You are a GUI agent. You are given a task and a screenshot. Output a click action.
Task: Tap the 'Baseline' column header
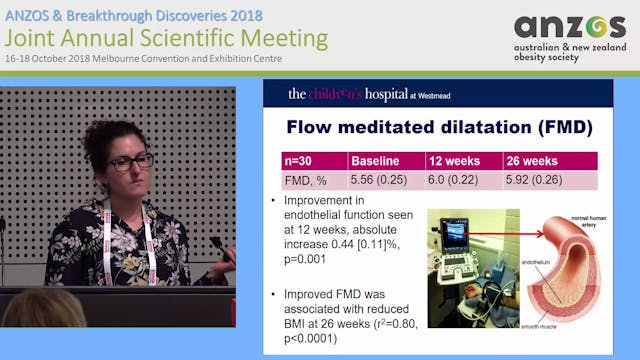tap(376, 162)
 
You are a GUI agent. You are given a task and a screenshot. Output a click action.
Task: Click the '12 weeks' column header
tap(455, 162)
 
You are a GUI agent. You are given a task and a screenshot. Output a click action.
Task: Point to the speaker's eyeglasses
tap(131, 160)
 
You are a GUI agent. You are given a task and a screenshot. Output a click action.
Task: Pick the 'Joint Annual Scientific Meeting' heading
tap(165, 39)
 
